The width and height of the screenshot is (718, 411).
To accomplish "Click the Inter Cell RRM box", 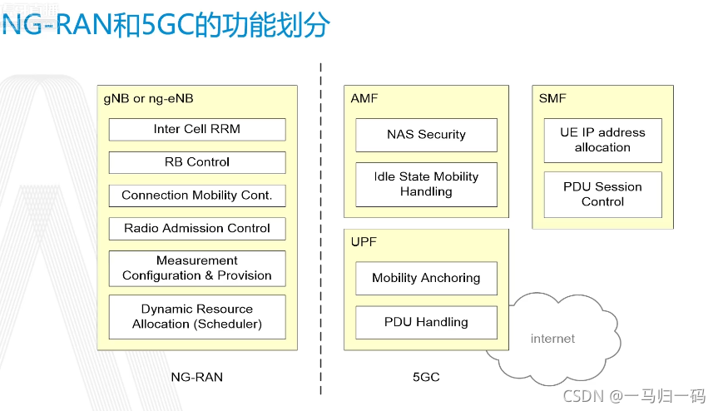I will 197,129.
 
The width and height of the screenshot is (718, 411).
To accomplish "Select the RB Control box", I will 197,162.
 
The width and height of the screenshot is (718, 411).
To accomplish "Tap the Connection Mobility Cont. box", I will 197,196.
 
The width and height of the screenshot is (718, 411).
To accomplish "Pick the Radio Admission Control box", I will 197,229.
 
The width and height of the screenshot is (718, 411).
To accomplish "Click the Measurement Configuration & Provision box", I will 197,268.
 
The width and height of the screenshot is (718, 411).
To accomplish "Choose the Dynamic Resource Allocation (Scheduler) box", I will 197,316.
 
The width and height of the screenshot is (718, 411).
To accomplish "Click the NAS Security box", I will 426,135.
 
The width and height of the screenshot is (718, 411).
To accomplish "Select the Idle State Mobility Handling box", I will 426,184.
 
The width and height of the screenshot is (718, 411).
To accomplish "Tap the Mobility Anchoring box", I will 426,278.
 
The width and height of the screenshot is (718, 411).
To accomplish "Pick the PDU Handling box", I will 426,322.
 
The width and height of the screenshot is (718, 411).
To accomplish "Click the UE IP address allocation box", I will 602,140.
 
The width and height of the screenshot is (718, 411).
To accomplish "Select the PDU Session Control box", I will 602,194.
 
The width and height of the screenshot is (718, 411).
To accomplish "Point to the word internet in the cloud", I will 552,339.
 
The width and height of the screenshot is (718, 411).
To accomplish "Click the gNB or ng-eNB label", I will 149,98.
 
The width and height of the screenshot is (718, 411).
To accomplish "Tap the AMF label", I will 364,98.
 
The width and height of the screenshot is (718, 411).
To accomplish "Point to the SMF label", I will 552,98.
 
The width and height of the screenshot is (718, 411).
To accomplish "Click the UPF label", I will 364,241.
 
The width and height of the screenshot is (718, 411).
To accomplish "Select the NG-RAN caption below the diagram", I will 196,377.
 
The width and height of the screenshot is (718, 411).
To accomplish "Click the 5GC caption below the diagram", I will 426,377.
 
